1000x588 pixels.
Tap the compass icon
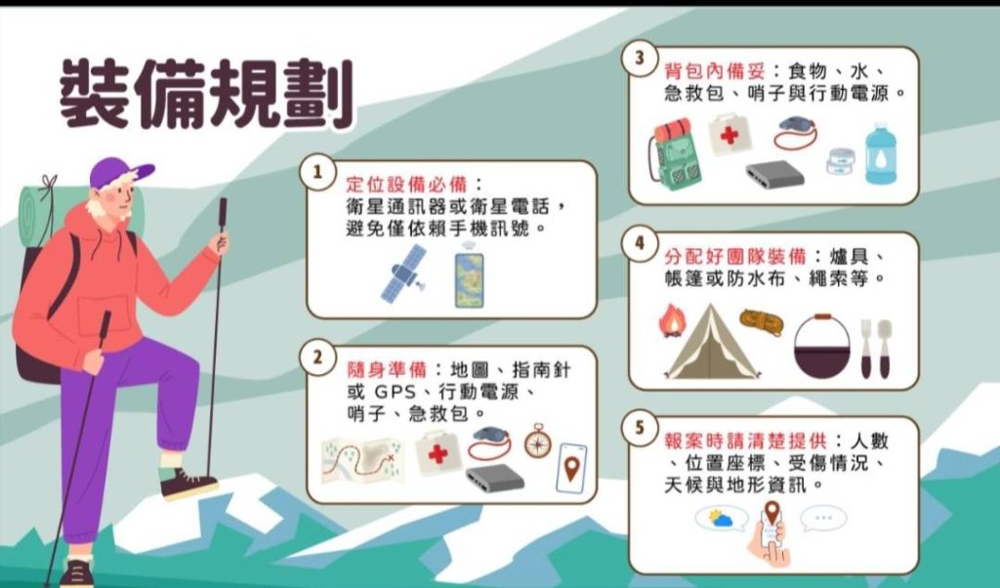coord(537,441)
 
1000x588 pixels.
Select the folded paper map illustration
coord(362,456)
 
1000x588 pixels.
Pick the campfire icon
coord(671,320)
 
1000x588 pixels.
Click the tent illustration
coord(713,343)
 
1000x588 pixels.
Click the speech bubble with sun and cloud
coord(722,518)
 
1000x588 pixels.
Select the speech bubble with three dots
coord(822,518)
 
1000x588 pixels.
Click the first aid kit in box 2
coord(438,454)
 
